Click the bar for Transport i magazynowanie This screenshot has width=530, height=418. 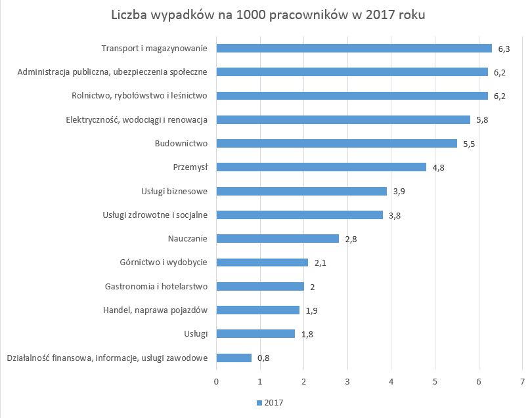coord(354,48)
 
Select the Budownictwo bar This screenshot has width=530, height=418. coord(336,143)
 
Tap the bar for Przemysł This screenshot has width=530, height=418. coord(321,167)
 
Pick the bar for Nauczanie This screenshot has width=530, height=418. coord(277,238)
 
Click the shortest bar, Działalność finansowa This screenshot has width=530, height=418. coord(234,358)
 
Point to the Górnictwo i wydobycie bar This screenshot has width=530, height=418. coord(262,262)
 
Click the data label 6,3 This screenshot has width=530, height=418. coord(504,49)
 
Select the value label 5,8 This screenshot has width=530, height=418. coord(483,120)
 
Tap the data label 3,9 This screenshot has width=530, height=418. coord(399,192)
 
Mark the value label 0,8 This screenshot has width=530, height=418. coord(264,358)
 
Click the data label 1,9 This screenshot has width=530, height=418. coord(312,310)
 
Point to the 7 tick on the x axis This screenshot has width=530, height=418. coord(522,381)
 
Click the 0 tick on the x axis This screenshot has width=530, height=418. coord(216,381)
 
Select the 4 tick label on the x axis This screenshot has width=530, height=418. coord(391,381)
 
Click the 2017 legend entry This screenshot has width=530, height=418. coord(270,402)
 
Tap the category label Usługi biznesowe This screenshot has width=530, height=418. coord(175,191)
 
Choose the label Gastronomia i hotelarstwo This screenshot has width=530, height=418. coord(156,286)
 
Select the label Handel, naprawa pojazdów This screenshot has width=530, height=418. coord(156,310)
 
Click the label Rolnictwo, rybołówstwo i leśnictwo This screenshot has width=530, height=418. coord(139,96)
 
